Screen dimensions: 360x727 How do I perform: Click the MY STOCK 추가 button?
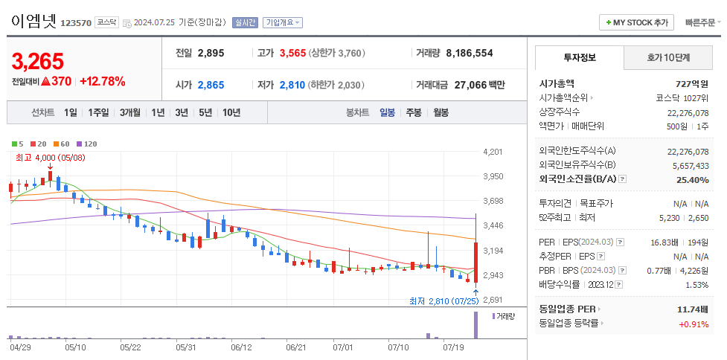[x=636, y=22]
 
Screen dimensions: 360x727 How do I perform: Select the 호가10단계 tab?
[x=668, y=57]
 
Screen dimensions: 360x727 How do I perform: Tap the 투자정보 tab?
[x=579, y=57]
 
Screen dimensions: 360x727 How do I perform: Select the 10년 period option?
[x=231, y=112]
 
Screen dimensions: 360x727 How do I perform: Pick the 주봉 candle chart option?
[x=413, y=112]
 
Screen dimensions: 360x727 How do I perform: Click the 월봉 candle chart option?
[x=441, y=112]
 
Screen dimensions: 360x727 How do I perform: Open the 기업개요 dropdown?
[x=283, y=22]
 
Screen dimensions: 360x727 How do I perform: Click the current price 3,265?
[x=38, y=61]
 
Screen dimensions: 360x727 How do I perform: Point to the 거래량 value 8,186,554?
[x=469, y=54]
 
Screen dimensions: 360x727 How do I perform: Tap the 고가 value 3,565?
[x=292, y=54]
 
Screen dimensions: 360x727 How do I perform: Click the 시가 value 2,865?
[x=211, y=85]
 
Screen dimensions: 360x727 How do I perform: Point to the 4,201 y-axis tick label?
[x=493, y=152]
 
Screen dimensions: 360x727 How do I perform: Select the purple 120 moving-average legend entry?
[x=87, y=143]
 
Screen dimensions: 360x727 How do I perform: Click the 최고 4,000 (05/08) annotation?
[x=50, y=158]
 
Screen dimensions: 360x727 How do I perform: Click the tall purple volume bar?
[x=475, y=325]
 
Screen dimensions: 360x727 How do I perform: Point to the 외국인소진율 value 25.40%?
[x=693, y=180]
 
